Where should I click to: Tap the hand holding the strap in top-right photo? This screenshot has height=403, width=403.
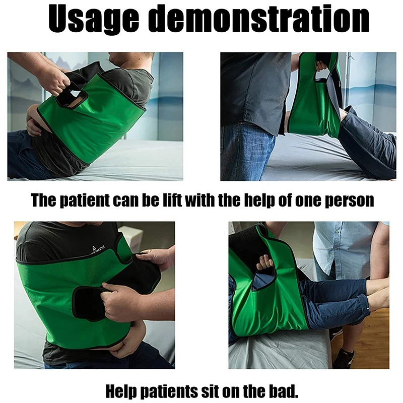[x=321, y=65]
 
